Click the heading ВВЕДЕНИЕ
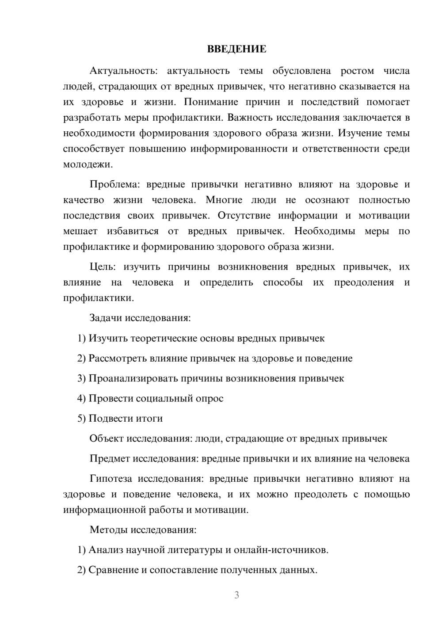click(x=236, y=49)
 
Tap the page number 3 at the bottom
click(x=236, y=595)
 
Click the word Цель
click(x=103, y=267)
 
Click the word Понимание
click(x=210, y=102)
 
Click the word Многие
click(x=224, y=200)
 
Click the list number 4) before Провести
click(x=81, y=398)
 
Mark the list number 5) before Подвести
click(x=81, y=418)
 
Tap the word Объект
click(x=107, y=438)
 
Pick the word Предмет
click(x=110, y=458)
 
